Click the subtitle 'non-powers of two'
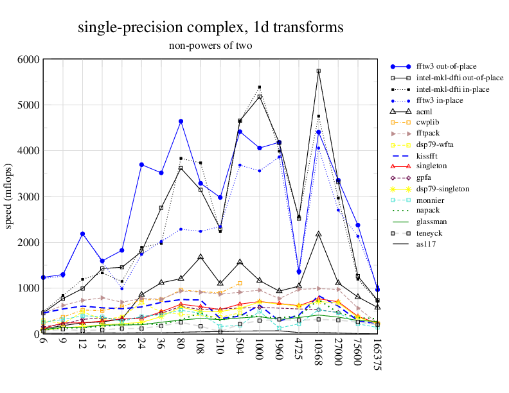click(x=210, y=46)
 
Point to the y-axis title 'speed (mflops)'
click(x=9, y=197)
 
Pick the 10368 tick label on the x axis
click(x=319, y=355)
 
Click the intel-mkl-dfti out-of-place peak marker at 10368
click(x=319, y=71)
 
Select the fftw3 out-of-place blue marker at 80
click(x=181, y=121)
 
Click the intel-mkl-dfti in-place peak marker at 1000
click(x=260, y=87)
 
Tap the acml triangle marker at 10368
click(x=319, y=234)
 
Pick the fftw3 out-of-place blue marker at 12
click(x=83, y=234)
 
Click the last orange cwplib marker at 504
click(x=240, y=283)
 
